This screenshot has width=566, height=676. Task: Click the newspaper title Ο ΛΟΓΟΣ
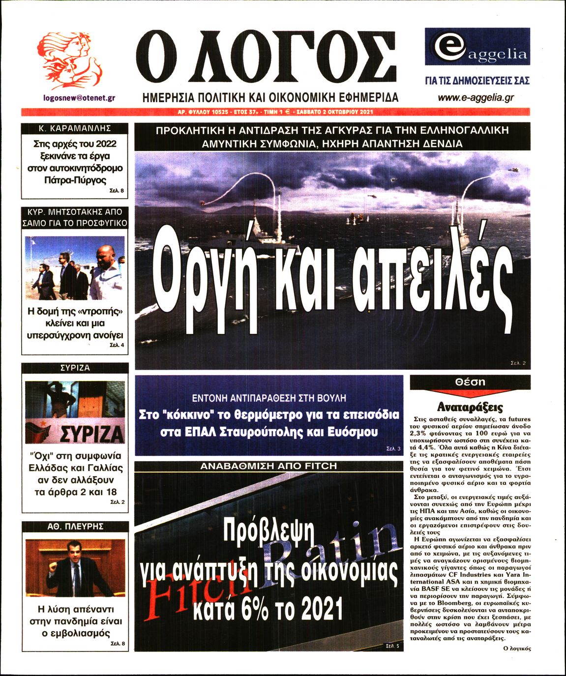(x=266, y=57)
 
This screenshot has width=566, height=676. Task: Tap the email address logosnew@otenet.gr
(x=79, y=98)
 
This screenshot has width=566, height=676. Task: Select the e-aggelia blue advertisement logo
(x=477, y=47)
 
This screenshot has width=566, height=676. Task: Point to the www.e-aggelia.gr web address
(x=476, y=97)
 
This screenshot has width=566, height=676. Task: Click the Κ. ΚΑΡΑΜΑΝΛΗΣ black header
(x=75, y=128)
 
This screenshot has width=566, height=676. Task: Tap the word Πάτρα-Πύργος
(x=75, y=180)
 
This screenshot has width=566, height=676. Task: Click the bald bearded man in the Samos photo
(x=106, y=270)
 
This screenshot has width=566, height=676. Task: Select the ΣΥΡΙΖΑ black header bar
(x=75, y=368)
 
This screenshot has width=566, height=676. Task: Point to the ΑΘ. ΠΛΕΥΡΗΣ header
(x=75, y=526)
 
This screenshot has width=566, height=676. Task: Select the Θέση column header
(x=470, y=382)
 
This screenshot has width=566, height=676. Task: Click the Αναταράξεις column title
(x=470, y=407)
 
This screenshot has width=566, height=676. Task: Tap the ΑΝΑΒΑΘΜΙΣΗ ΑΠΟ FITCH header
(x=268, y=466)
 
